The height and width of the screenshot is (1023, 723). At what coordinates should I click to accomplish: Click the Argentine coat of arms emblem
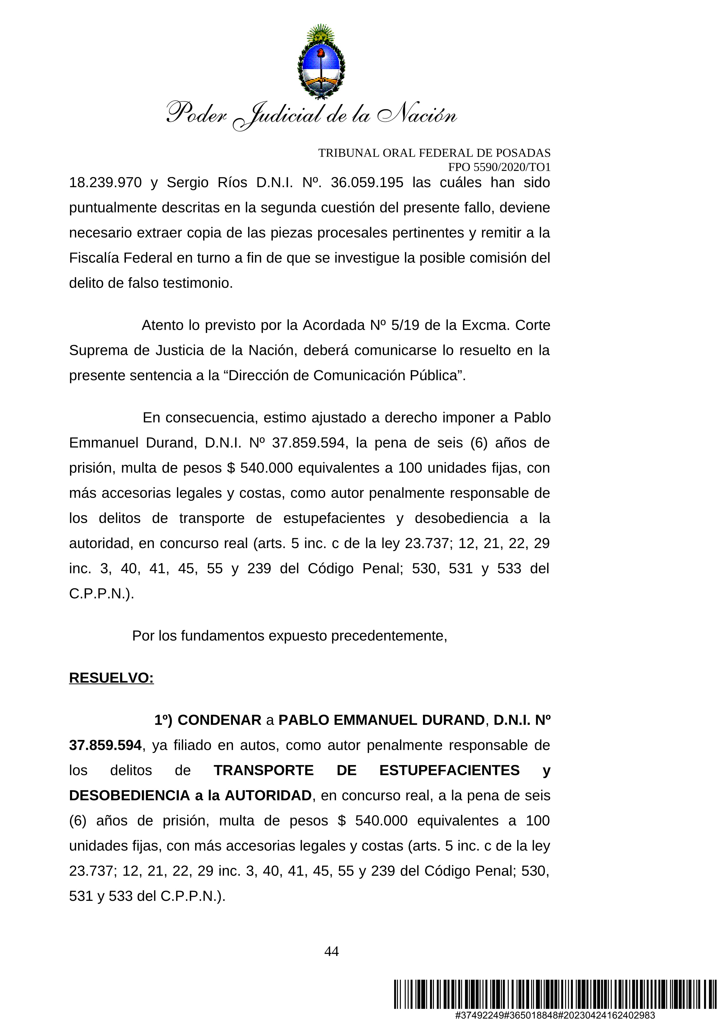point(321,62)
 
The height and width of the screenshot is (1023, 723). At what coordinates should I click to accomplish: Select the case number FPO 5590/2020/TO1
point(499,167)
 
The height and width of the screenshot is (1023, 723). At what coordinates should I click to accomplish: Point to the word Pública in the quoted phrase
point(438,375)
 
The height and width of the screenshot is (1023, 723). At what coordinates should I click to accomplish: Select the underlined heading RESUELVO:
point(111,678)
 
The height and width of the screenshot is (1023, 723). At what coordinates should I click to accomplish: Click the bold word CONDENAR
point(219,720)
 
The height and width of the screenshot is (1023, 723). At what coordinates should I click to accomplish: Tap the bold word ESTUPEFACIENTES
point(449,770)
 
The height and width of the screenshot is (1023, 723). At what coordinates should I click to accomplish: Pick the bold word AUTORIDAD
point(268,795)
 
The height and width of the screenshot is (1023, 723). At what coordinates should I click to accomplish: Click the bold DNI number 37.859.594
point(105,745)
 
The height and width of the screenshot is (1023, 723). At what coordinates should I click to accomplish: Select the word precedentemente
point(388,636)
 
